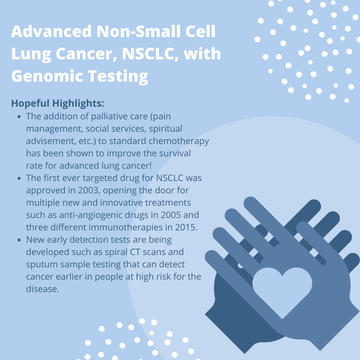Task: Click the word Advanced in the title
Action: [51, 31]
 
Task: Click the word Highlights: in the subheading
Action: [78, 103]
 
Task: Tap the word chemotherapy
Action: [179, 141]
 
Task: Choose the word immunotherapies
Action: [126, 227]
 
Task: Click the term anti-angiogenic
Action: [91, 215]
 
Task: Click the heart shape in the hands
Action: [282, 290]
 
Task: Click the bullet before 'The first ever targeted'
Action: [19, 178]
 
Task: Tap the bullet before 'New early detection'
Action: [19, 240]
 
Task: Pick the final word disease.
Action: [42, 289]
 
